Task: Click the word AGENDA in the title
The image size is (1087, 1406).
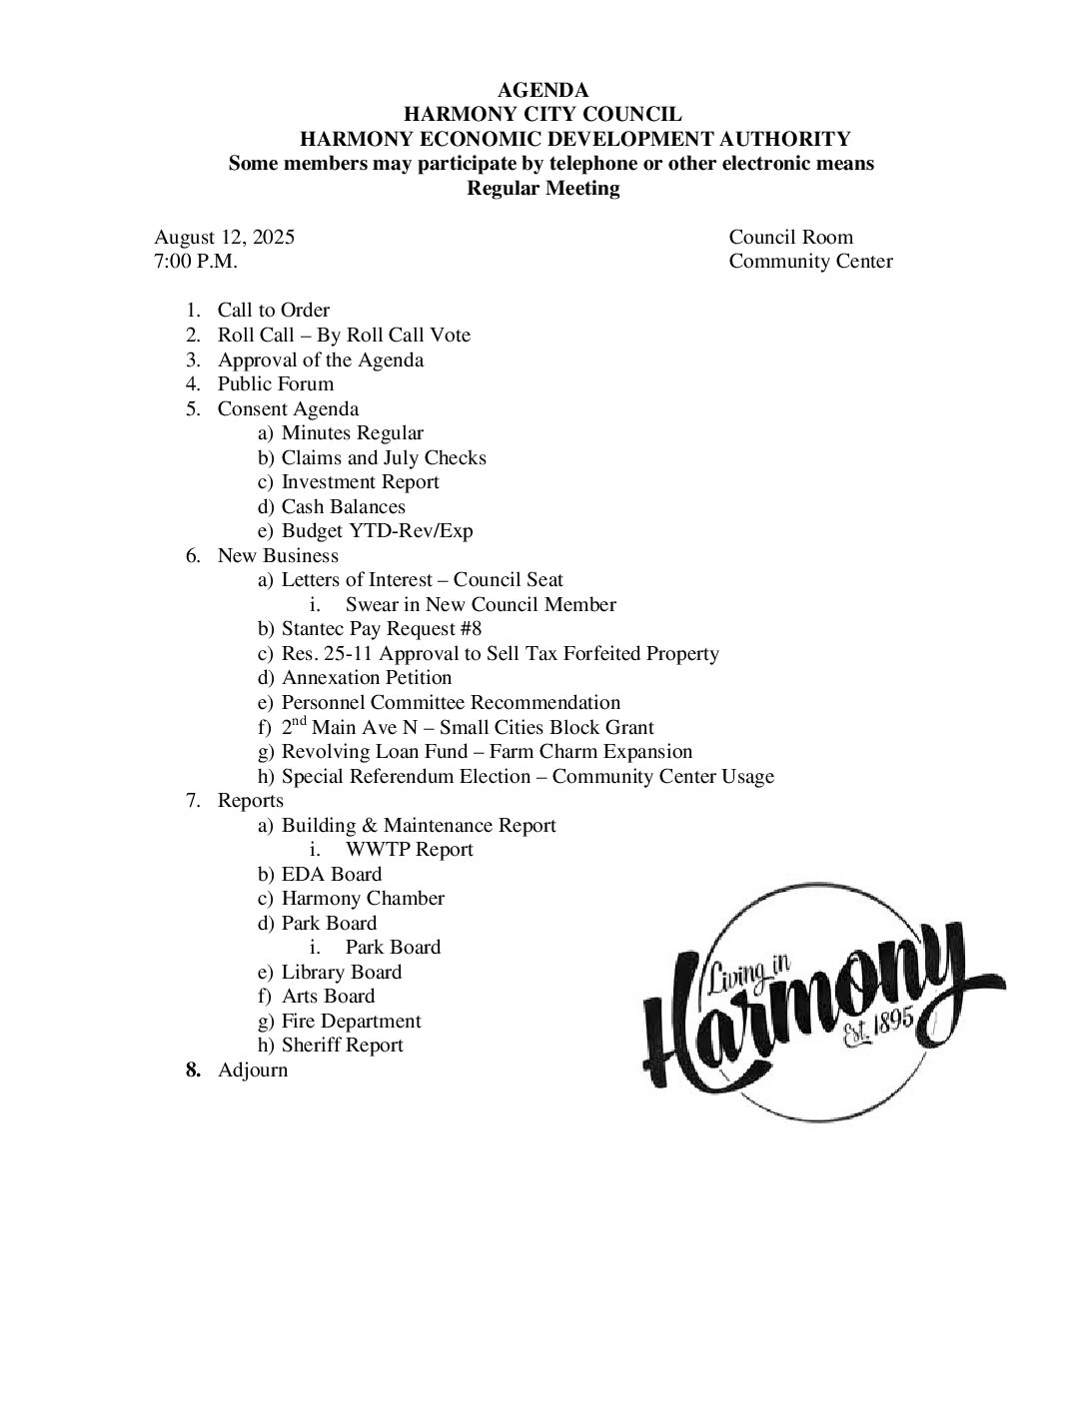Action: click(x=543, y=91)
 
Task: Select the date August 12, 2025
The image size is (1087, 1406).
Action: click(x=224, y=238)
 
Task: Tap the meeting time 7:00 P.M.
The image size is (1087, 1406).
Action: click(x=196, y=262)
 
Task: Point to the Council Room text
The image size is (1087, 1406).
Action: click(x=790, y=238)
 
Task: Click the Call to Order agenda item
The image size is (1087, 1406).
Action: click(x=273, y=311)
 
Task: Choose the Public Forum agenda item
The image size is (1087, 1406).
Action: click(x=276, y=384)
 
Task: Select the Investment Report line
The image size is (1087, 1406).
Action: click(x=360, y=482)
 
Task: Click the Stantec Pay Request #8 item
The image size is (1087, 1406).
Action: click(x=381, y=629)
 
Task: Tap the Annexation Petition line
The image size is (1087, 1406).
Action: click(x=367, y=678)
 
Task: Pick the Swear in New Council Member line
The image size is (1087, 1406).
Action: click(x=480, y=605)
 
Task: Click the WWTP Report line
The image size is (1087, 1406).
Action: click(x=409, y=850)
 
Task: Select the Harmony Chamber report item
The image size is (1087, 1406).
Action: click(x=363, y=899)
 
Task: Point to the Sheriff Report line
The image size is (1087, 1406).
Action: click(x=342, y=1046)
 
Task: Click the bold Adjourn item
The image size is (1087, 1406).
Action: click(x=252, y=1070)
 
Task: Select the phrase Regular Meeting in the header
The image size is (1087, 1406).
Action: click(x=543, y=189)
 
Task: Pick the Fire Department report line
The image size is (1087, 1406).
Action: click(x=351, y=1022)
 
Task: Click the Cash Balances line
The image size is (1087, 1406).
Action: click(x=343, y=507)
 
